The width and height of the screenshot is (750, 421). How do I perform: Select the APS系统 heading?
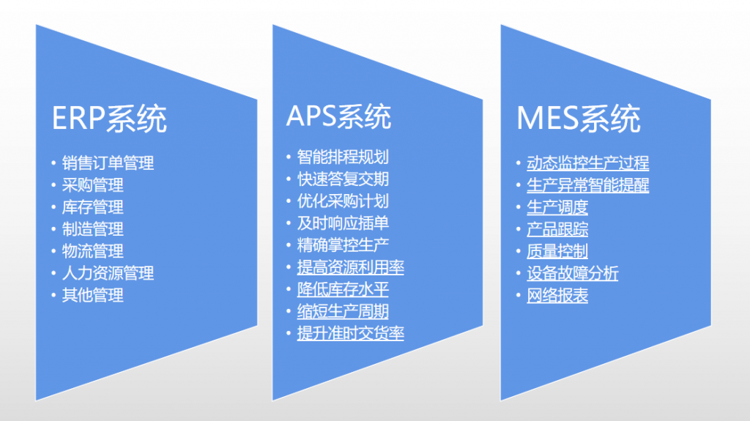point(338,117)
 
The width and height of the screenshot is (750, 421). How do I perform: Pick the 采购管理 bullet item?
point(92,185)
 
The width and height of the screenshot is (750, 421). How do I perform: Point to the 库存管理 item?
point(92,207)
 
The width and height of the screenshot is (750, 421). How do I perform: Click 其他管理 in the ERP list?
point(92,295)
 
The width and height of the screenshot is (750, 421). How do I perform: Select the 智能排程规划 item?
point(342,157)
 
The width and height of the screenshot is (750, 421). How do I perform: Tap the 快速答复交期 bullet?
point(342,179)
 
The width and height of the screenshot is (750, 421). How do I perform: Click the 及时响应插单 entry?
point(342,223)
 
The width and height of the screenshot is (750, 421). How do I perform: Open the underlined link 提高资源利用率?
point(350,267)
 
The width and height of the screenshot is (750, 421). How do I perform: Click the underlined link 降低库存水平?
point(342,289)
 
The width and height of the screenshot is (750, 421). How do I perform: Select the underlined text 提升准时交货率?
point(350,333)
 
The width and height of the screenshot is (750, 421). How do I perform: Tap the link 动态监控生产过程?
point(587,163)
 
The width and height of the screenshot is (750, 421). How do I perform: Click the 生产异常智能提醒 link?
point(587,185)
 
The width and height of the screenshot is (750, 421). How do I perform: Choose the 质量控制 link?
point(557,251)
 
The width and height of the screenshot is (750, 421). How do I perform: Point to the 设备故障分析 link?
point(572,273)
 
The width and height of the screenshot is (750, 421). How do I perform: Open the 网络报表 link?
point(557,295)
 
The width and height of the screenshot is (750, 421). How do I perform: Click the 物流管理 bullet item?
point(92,251)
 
